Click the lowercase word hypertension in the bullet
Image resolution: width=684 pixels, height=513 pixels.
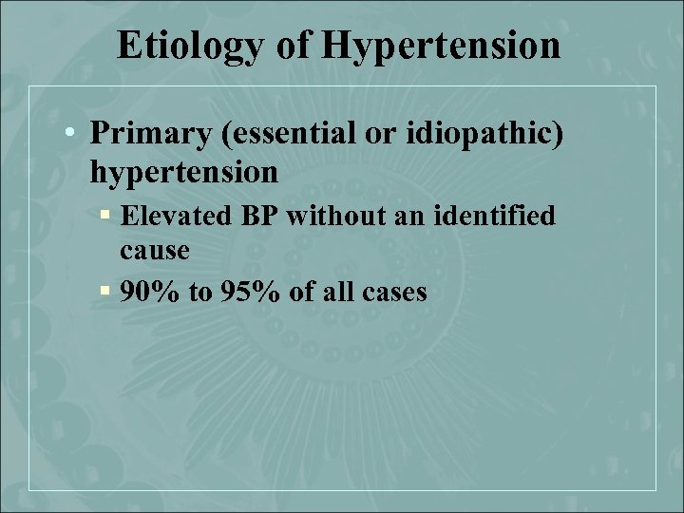pos(183,173)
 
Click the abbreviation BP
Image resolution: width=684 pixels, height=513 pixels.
pos(255,218)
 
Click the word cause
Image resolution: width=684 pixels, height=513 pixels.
pos(155,251)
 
